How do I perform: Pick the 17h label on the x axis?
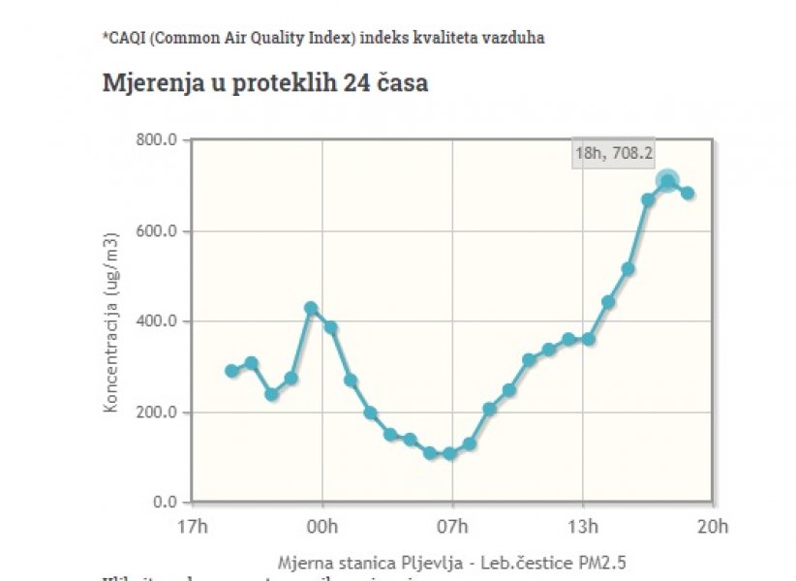click(x=192, y=527)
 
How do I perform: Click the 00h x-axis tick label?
click(x=321, y=527)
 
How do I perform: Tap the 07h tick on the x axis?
click(x=452, y=527)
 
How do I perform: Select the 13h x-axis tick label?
click(x=582, y=527)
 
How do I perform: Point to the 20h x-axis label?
click(x=713, y=527)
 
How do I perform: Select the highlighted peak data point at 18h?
click(x=667, y=181)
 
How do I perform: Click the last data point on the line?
click(x=688, y=193)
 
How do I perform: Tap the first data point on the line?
click(x=231, y=371)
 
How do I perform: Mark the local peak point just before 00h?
click(x=311, y=308)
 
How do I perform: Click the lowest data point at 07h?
click(x=449, y=453)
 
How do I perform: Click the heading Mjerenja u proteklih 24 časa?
click(x=265, y=83)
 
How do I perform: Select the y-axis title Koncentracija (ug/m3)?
click(x=111, y=322)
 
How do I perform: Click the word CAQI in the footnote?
click(x=126, y=38)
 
